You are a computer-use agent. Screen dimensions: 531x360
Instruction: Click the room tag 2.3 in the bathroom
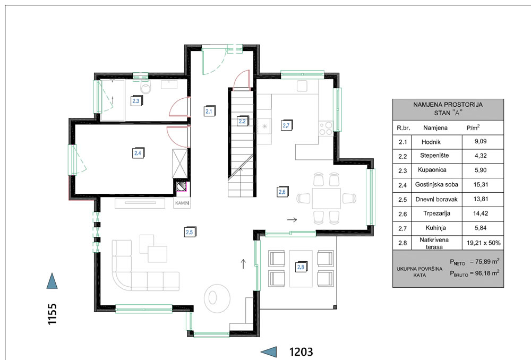(x=136, y=101)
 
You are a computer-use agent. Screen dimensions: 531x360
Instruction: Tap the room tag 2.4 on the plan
(x=138, y=153)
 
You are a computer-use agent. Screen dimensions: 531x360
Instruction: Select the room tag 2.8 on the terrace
(x=301, y=267)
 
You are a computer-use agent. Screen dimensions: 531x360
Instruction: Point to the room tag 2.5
(x=190, y=232)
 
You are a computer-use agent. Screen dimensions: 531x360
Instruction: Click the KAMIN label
(x=182, y=203)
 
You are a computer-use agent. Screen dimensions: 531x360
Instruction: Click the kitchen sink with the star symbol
(x=264, y=126)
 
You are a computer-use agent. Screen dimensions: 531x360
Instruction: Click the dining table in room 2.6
(x=326, y=199)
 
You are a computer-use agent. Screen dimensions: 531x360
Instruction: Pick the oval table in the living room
(x=217, y=298)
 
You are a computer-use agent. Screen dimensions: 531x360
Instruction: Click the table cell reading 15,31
(x=481, y=185)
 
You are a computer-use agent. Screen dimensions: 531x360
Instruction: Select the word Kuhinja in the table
(x=435, y=228)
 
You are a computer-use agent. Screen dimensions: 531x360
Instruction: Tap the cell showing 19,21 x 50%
(x=483, y=243)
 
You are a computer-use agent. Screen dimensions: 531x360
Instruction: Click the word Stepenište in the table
(x=434, y=156)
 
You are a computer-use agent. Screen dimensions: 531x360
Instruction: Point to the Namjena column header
(x=435, y=127)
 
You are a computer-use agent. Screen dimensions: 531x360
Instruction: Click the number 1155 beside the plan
(x=52, y=314)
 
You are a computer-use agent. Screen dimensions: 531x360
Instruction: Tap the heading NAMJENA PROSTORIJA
(x=448, y=105)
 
